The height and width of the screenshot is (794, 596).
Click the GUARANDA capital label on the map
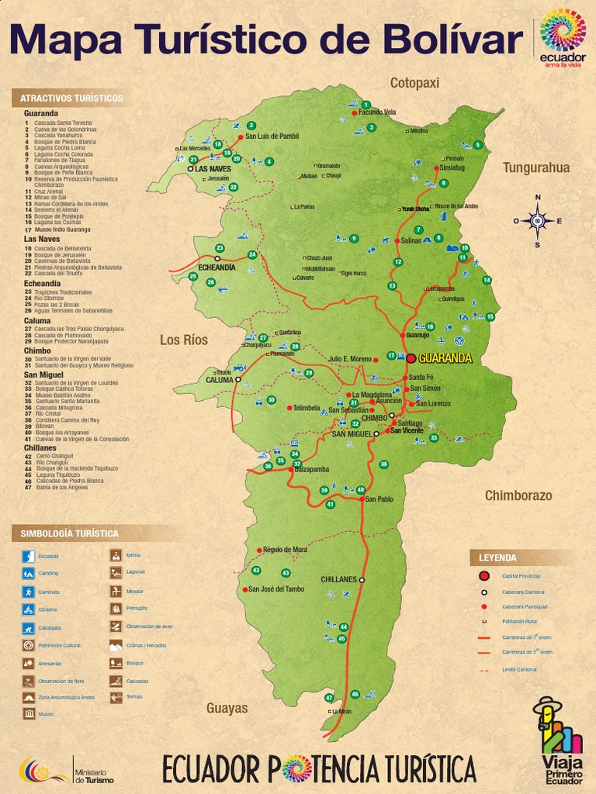445,359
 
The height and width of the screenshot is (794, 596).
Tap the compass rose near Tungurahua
537,221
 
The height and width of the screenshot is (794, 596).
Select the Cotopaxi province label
414,83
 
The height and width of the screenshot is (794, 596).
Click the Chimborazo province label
518,495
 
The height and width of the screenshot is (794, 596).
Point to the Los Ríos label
184,340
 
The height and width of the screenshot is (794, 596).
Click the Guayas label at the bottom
227,708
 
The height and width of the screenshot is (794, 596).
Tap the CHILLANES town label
338,579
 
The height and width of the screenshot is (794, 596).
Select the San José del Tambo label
276,589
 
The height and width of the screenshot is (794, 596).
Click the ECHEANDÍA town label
217,267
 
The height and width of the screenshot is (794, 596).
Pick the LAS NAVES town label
213,168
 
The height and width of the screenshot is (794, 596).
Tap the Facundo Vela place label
377,112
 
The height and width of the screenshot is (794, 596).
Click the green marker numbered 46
355,694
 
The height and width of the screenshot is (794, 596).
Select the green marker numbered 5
478,145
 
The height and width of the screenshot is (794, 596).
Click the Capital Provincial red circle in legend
484,575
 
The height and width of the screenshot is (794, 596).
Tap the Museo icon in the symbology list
29,713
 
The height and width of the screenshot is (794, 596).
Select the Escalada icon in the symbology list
29,556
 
